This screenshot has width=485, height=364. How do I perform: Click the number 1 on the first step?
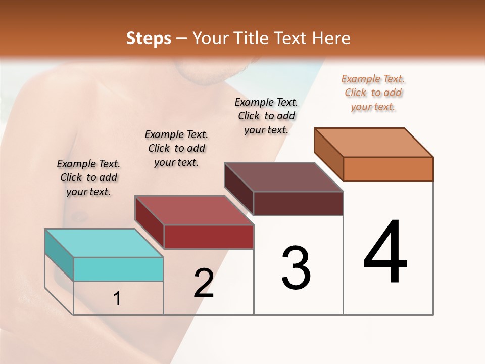coord(117,299)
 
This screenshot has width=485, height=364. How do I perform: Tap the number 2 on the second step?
coord(204,283)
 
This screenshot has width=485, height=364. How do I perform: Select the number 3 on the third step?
coord(296,268)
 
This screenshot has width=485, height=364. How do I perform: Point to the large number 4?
coord(385,252)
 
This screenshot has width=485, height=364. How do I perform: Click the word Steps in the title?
coord(149,38)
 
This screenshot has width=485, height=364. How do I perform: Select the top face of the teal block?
coord(104,243)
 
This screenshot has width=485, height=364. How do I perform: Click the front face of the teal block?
coord(118,269)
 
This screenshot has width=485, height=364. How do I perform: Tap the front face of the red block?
coord(209,237)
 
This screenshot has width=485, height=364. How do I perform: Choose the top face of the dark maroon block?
coord(283,177)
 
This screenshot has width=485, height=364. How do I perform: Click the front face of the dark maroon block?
coord(298,203)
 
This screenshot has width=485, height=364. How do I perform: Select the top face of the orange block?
coord(373,142)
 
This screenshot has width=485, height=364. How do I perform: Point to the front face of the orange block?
coord(388,169)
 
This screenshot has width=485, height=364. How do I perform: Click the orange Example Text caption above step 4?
coord(373,93)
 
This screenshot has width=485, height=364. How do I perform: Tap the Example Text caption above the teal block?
coord(88,177)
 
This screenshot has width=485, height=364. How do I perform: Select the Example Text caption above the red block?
coord(176,148)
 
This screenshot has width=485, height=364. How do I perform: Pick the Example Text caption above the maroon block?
coord(266,116)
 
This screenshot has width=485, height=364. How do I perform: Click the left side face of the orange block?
coord(329,154)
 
